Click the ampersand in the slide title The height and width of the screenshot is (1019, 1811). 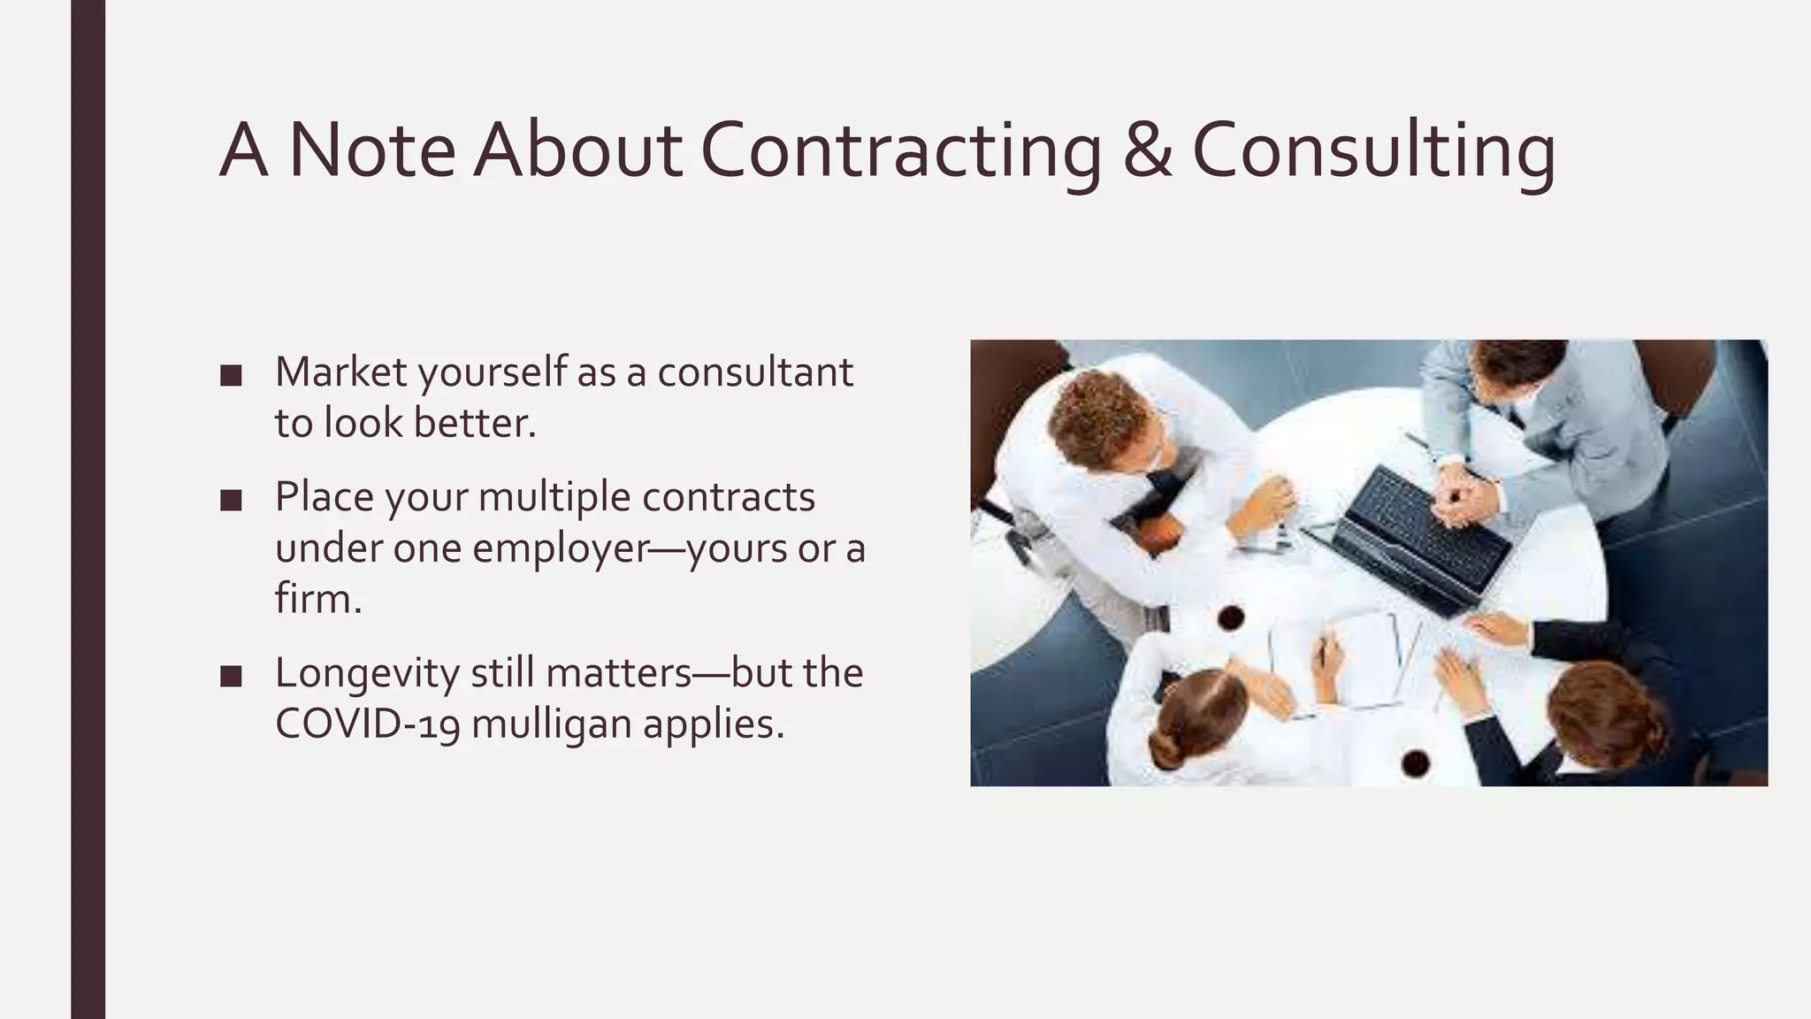tap(1147, 150)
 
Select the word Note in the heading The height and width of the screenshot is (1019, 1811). tap(371, 150)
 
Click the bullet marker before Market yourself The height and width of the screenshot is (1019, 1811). tap(231, 376)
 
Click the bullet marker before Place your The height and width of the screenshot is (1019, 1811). tap(231, 501)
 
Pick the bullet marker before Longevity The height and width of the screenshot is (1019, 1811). tap(231, 677)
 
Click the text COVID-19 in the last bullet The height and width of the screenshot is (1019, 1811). tap(367, 724)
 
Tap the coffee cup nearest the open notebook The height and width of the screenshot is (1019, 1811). tap(1230, 617)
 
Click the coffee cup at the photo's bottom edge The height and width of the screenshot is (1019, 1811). tap(1416, 761)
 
